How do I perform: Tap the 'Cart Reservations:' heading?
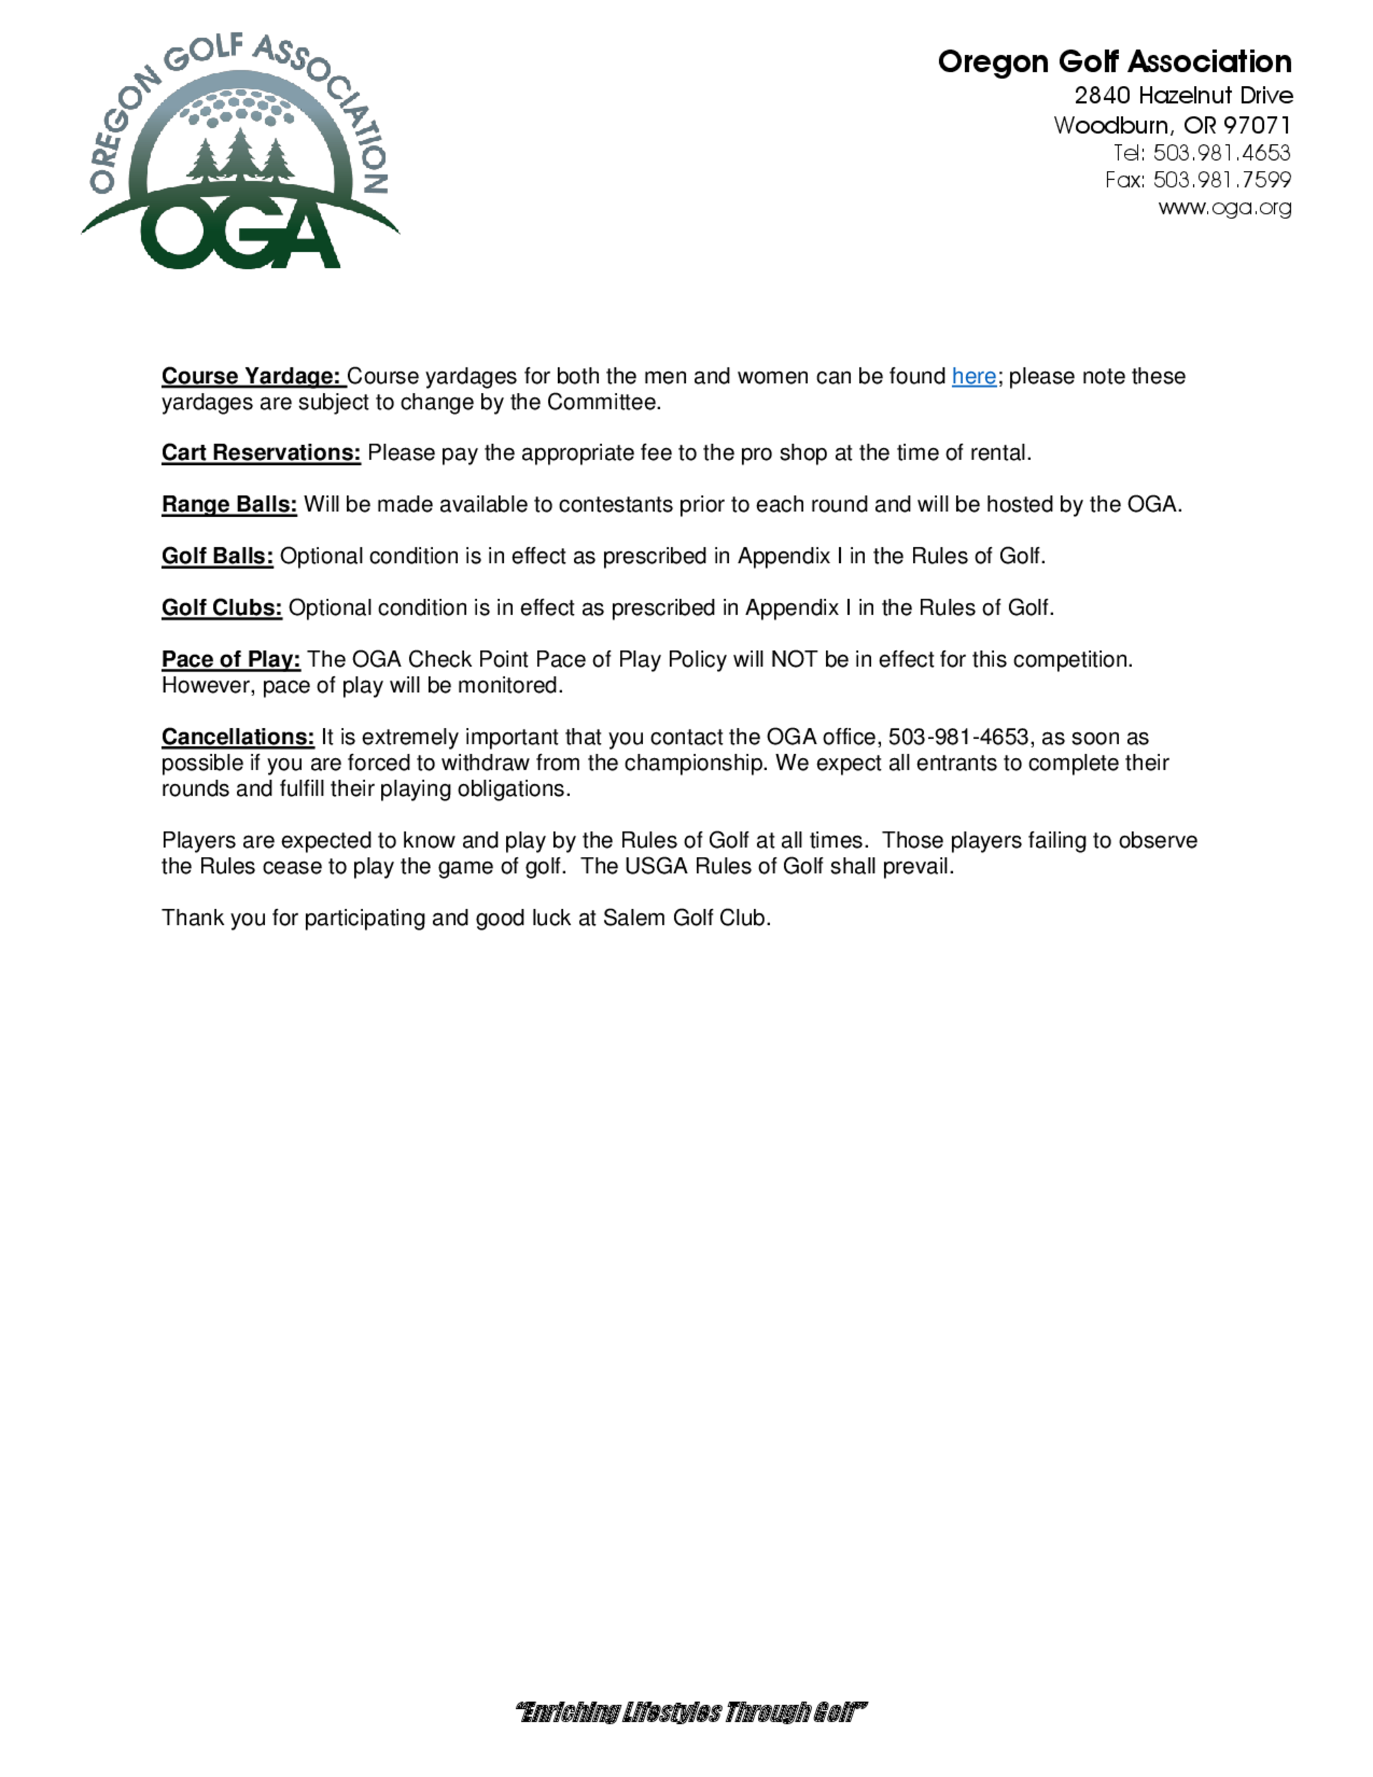point(260,453)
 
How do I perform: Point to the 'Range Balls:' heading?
point(229,505)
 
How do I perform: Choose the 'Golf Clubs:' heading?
point(221,608)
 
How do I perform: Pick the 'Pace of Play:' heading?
point(231,660)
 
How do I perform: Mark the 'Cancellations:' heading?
point(238,737)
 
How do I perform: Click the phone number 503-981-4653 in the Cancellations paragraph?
point(958,737)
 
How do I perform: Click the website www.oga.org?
point(1224,207)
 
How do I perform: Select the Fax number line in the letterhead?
point(1197,180)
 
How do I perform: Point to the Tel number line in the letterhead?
point(1201,153)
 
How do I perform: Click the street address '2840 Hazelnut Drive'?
point(1183,96)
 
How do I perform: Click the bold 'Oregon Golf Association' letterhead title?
point(1114,62)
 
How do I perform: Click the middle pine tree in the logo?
point(239,154)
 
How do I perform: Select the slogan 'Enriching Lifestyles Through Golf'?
point(691,1712)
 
